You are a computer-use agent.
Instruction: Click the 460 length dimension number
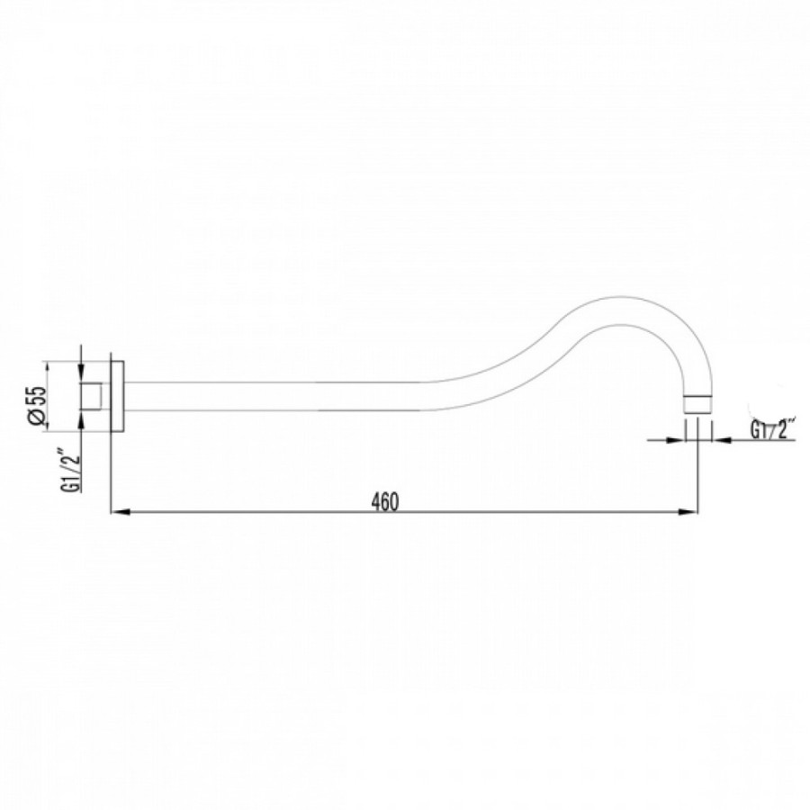(x=386, y=501)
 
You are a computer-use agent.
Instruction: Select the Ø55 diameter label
(x=38, y=406)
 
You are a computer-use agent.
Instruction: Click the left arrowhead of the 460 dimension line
(x=120, y=512)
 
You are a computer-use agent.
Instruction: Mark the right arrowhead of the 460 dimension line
(x=688, y=512)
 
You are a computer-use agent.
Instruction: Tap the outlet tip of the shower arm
(x=697, y=404)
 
